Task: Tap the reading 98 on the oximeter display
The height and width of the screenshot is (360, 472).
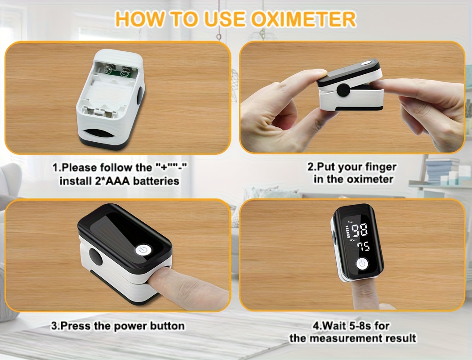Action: coord(360,230)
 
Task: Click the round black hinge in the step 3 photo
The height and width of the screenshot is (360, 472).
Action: coord(95,257)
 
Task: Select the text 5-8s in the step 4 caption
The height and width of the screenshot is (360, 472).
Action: coord(359,325)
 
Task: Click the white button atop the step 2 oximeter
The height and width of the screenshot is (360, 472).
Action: coord(365,63)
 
